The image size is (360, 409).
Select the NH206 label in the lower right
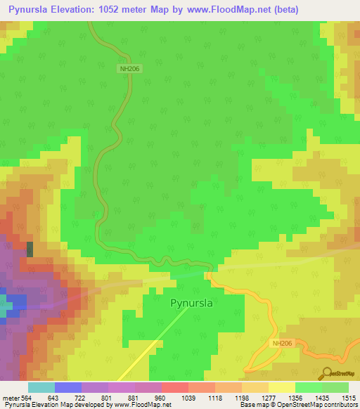283,343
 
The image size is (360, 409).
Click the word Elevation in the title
89,10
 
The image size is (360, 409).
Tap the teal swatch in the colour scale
41,387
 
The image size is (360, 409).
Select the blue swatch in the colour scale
67,387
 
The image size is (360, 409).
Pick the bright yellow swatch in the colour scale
281,387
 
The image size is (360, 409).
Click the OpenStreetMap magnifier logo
326,373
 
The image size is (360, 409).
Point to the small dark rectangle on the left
30,249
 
